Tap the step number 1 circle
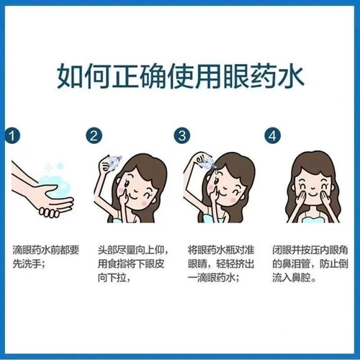tap(10, 135)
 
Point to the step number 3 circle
tap(182, 135)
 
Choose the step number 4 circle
tap(271, 135)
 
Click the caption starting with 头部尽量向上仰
tap(133, 263)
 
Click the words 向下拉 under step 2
tap(112, 277)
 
